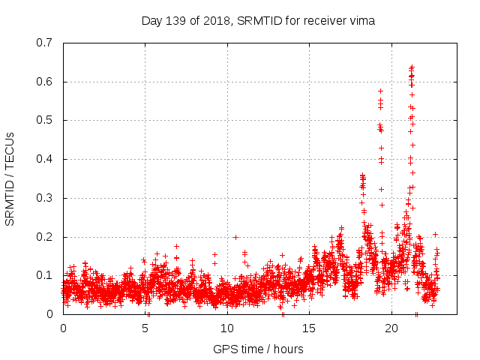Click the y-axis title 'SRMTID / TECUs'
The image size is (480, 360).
pos(10,178)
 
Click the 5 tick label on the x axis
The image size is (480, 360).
pos(145,328)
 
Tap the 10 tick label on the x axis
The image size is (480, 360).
pos(227,328)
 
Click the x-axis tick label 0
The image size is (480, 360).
pos(63,328)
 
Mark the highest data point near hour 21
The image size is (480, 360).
pos(412,67)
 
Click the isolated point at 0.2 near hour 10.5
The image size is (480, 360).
pos(235,237)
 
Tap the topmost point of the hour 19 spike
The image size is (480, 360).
pos(380,91)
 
